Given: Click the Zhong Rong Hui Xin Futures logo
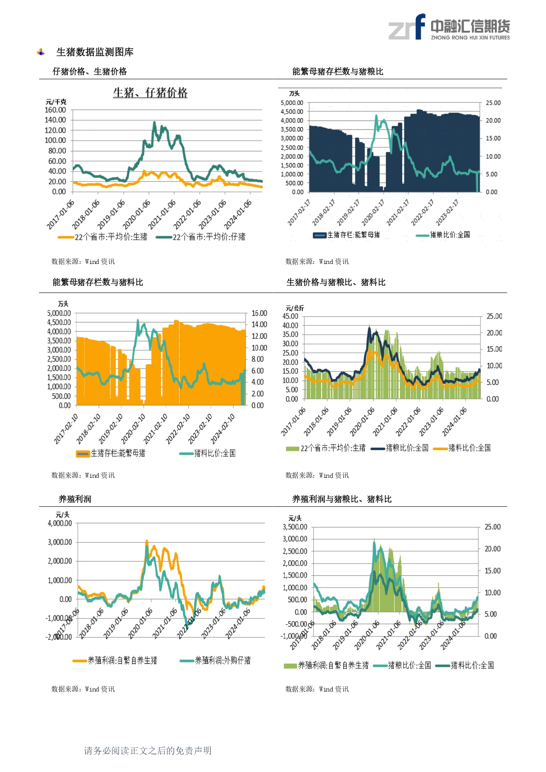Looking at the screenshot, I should click(x=449, y=27).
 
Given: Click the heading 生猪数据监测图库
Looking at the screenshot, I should click(x=95, y=52).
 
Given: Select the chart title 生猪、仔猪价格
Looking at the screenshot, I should click(x=150, y=93).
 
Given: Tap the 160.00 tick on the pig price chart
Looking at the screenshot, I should click(x=55, y=110).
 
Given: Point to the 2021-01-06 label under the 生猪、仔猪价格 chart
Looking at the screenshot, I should click(x=162, y=214).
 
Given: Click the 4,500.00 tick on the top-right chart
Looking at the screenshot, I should click(x=292, y=112).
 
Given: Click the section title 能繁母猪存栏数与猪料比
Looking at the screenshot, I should click(x=98, y=282).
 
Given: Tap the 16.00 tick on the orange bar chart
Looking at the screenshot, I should click(x=259, y=313).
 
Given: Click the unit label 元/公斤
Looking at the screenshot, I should click(x=294, y=308).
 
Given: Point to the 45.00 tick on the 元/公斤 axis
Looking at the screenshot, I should click(x=290, y=316).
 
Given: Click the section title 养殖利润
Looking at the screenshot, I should click(x=75, y=499).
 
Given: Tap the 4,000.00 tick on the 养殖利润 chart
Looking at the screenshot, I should click(x=60, y=523).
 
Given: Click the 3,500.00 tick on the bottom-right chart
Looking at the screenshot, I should click(x=295, y=527).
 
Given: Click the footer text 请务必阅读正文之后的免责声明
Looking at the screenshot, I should click(x=148, y=751).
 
